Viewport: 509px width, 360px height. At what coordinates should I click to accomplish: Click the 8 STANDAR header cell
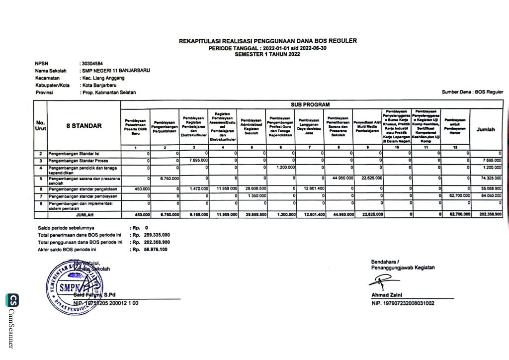[x=84, y=126]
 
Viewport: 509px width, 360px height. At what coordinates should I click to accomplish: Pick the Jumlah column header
[x=486, y=129]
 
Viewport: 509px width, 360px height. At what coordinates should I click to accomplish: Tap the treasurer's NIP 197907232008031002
[x=402, y=303]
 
